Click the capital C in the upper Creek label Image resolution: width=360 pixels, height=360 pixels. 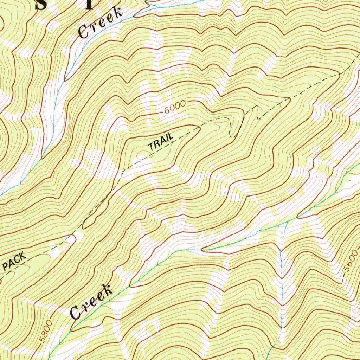(84, 32)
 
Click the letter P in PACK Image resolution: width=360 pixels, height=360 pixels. (6, 266)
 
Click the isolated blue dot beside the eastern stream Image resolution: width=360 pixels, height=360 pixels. (350, 180)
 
